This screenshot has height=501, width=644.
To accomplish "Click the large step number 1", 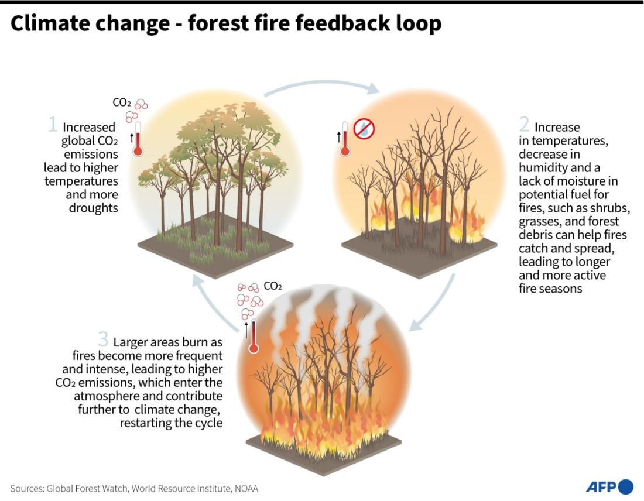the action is [x=53, y=124].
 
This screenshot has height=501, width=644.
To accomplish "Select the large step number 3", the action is [x=104, y=339].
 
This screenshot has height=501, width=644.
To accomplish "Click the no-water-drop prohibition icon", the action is [x=364, y=129].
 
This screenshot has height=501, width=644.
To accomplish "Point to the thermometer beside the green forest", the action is [x=138, y=138].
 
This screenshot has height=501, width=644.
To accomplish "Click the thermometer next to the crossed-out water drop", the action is [x=345, y=138].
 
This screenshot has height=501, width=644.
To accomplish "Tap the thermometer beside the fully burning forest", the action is [x=254, y=337].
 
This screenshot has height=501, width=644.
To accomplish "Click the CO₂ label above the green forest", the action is [x=122, y=102].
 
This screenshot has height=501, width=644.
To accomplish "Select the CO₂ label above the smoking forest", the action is [x=273, y=286].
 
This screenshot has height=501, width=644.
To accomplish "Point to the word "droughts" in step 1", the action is [x=93, y=208].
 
